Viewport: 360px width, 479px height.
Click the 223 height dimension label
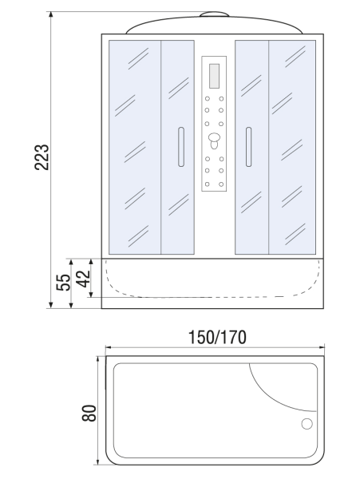tap(42, 157)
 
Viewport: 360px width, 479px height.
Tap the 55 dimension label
tap(63, 283)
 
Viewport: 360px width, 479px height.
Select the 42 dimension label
tap(83, 279)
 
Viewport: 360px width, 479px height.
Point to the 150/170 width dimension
tap(217, 338)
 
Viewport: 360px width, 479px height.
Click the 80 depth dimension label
tap(89, 413)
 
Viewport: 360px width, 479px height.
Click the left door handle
tap(181, 147)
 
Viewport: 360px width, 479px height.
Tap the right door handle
tap(248, 147)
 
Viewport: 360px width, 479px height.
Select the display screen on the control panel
tap(214, 76)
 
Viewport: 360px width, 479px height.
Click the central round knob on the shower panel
tap(214, 137)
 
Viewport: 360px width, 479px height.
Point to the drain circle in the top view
tap(307, 424)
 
